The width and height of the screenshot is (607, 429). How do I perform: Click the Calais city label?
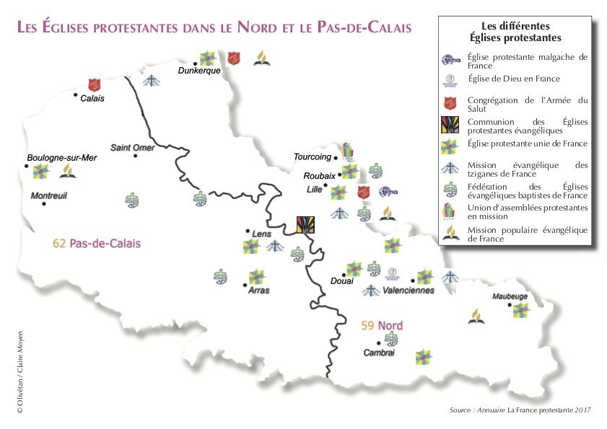point(92,99)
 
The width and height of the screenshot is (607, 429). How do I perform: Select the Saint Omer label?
point(132,148)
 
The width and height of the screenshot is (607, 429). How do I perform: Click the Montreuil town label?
point(48,195)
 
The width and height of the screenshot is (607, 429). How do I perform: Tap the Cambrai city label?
point(378,353)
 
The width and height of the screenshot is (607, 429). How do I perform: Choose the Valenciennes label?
point(409,291)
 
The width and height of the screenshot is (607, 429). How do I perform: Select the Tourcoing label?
point(312,156)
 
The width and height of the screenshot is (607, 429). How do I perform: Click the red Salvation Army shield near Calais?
point(93,85)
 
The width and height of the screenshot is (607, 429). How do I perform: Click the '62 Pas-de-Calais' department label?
point(96,244)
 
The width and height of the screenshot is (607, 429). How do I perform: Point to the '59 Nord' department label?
point(381,326)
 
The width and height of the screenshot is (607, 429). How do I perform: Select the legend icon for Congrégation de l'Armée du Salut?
point(450,104)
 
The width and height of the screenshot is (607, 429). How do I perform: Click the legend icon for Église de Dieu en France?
point(450,79)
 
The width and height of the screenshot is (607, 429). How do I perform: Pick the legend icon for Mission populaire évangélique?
point(450,232)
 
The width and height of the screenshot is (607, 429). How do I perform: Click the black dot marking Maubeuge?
point(510,306)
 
